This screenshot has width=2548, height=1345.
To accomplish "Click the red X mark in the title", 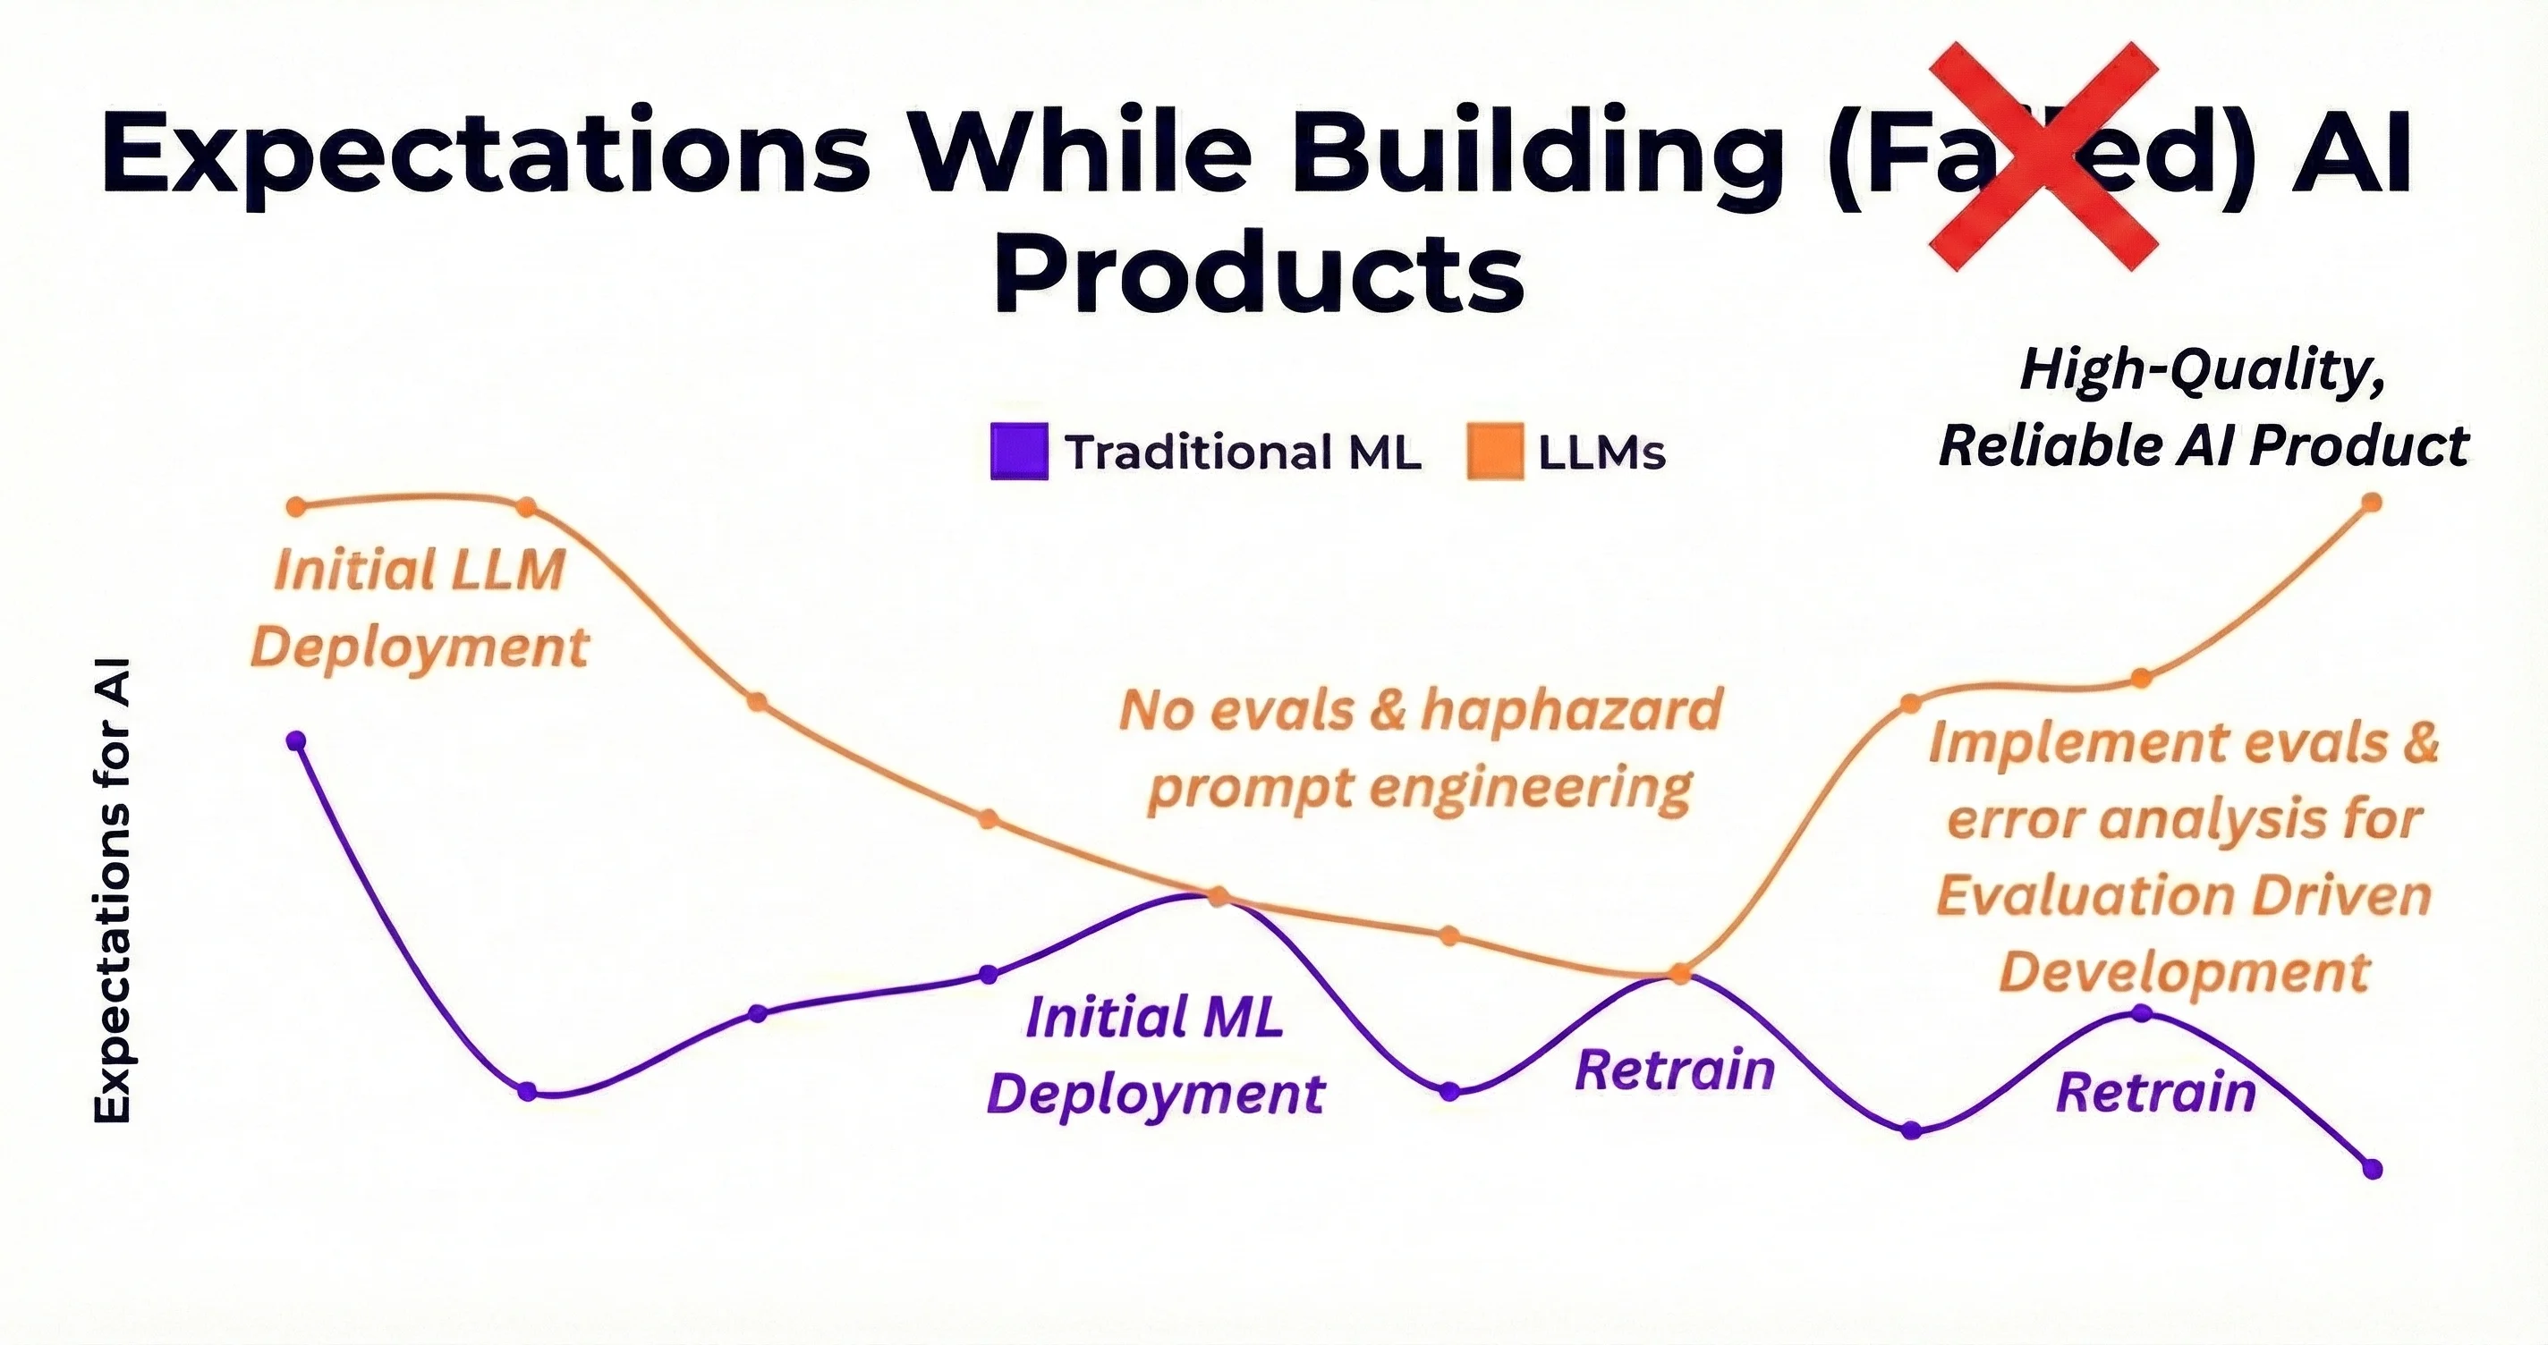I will tap(2043, 156).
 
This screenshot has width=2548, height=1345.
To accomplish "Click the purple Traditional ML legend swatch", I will tap(1019, 452).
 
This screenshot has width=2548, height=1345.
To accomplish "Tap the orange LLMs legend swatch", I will tap(1495, 452).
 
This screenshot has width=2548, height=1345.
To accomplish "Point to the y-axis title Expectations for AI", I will tap(113, 890).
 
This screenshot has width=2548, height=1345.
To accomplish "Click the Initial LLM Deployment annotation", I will tap(420, 608).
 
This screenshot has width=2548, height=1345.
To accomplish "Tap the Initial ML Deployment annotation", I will tap(1155, 1055).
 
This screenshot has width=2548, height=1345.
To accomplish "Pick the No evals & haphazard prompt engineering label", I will tap(1421, 749).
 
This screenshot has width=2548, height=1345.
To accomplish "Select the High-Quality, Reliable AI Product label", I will tap(2204, 408).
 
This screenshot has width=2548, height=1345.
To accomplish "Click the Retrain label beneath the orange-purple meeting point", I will tap(1675, 1071).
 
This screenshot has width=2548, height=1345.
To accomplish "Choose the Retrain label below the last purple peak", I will tap(2156, 1093).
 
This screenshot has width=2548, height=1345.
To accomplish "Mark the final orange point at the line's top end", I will tap(2371, 503).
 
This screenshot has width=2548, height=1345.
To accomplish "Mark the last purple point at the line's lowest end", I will tap(2372, 1169).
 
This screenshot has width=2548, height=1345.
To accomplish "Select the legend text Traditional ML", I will tap(1243, 453).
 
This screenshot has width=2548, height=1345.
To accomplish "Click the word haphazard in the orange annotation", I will tap(1573, 710).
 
